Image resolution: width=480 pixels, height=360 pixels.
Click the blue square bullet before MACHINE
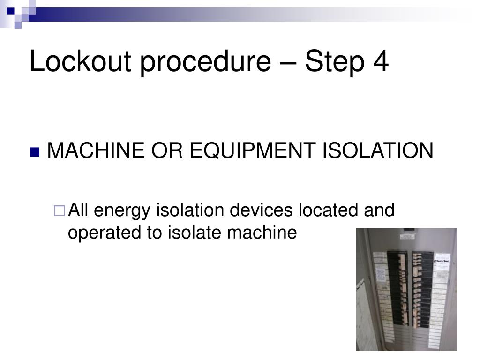[x=34, y=152]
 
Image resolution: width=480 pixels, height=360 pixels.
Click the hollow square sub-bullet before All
[x=60, y=211]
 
